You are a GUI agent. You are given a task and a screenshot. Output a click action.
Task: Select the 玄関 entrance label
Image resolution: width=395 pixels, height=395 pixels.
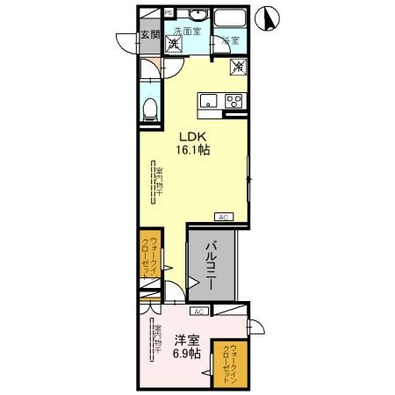pyautogui.click(x=149, y=36)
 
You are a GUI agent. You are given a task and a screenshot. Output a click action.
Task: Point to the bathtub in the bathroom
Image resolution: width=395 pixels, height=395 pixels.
pyautogui.click(x=231, y=21)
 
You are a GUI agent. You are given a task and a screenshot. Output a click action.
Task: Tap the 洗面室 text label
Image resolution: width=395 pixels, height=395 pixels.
pyautogui.click(x=187, y=30)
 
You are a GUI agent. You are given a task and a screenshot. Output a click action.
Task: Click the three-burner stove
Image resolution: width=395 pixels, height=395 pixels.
pyautogui.click(x=233, y=100)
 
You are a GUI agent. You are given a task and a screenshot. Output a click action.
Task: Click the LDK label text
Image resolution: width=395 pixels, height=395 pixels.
pyautogui.click(x=193, y=137)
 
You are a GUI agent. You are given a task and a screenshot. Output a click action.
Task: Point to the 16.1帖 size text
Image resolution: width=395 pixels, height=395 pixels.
pyautogui.click(x=193, y=150)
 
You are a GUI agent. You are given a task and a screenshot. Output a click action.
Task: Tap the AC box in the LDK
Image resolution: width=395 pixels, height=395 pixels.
pyautogui.click(x=224, y=216)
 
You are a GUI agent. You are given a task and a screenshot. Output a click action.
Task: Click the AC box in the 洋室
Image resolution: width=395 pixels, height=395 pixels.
pyautogui.click(x=199, y=312)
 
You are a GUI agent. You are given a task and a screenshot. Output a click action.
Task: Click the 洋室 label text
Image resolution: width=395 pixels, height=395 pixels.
pyautogui.click(x=185, y=341)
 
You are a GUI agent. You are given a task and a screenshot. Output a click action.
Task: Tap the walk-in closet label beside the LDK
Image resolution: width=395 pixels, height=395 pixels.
pyautogui.click(x=153, y=259)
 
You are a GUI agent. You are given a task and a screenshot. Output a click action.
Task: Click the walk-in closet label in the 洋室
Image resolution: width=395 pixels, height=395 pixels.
pyautogui.click(x=230, y=361)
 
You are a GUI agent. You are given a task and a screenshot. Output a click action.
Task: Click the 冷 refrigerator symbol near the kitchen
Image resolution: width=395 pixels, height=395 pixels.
pyautogui.click(x=236, y=64)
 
